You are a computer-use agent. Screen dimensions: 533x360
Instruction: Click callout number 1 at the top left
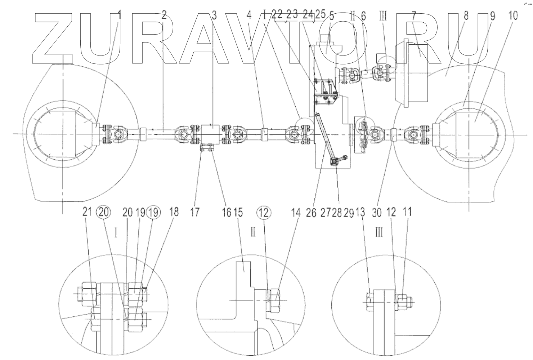(119, 15)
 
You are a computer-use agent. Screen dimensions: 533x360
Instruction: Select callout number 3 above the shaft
(214, 15)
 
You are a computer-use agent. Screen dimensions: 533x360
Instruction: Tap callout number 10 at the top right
(513, 16)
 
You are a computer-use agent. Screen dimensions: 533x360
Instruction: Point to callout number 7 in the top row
(414, 16)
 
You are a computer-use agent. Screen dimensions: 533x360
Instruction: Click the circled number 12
(264, 212)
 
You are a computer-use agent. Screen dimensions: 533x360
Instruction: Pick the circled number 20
(103, 212)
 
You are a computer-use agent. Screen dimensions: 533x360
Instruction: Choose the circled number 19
(153, 212)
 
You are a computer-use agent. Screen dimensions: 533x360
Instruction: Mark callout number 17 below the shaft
(194, 212)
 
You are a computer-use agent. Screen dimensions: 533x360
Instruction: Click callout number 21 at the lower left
(87, 212)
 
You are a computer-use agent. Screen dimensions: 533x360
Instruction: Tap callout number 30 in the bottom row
(376, 212)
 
